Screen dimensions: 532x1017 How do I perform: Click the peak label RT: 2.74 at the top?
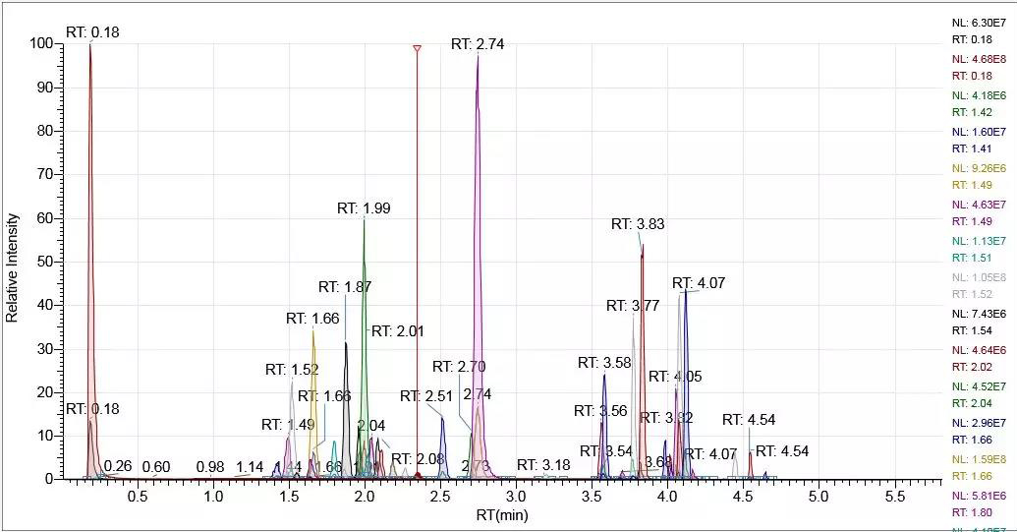point(478,44)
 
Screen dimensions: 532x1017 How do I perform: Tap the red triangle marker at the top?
point(417,48)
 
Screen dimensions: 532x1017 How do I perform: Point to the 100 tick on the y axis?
point(43,44)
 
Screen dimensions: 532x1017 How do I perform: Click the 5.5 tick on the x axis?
point(893,498)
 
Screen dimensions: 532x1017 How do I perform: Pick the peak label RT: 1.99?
point(364,208)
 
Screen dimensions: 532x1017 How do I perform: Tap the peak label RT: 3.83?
point(638,224)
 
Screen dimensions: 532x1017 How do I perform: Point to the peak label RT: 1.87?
point(345,287)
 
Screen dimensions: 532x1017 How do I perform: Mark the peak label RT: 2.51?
point(426,396)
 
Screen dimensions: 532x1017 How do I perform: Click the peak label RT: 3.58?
point(604,363)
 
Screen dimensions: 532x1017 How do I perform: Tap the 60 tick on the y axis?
point(47,218)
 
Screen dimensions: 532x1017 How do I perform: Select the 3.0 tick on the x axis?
point(516,498)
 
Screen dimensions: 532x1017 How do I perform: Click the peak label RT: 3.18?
point(543,465)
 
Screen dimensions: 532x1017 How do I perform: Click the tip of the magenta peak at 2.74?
point(478,56)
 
